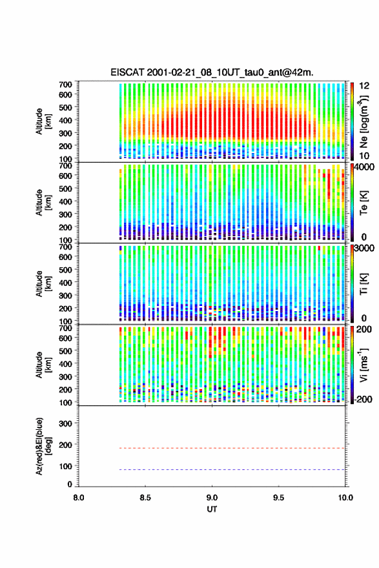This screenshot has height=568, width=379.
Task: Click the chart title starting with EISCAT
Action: pos(212,72)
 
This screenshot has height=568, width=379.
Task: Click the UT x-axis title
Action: pos(212,509)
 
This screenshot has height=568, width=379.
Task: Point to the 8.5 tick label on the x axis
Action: pos(145,498)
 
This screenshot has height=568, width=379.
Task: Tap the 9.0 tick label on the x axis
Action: pos(212,498)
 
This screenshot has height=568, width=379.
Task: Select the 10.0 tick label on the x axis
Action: pos(345,498)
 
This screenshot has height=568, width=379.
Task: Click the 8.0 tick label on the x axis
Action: pos(79,498)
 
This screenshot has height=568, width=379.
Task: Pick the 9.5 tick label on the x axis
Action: pos(279,498)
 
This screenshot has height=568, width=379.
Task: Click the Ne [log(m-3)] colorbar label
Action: pos(364,121)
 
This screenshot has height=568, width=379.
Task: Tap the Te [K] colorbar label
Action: pos(364,203)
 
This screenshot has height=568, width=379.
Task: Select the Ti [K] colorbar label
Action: pos(364,284)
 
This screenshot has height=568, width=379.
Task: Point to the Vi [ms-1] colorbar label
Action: pos(364,365)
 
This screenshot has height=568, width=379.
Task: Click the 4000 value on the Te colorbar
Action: pos(364,167)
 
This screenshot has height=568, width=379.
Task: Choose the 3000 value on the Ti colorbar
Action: pos(364,249)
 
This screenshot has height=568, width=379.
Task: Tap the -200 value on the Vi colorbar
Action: pos(364,399)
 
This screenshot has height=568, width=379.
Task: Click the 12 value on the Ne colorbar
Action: pos(364,86)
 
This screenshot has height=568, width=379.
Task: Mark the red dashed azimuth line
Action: pos(232,448)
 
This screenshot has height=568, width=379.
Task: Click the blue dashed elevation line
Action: pos(232,469)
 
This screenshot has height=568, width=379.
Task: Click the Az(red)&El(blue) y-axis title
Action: pos(43,446)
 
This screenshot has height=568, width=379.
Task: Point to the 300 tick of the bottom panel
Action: pos(65,423)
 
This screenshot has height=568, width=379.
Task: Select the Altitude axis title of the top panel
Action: pos(43,121)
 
